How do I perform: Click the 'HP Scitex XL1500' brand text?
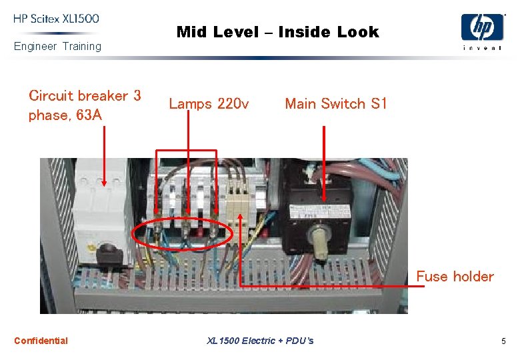pyautogui.click(x=56, y=19)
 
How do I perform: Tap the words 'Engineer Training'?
pyautogui.click(x=58, y=46)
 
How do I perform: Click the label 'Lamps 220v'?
pyautogui.click(x=209, y=103)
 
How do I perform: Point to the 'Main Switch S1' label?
pyautogui.click(x=335, y=103)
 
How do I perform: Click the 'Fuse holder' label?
pyautogui.click(x=455, y=276)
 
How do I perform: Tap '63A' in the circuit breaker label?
pyautogui.click(x=89, y=115)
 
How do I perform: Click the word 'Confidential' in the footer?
pyautogui.click(x=41, y=341)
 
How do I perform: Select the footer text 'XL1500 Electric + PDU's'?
pyautogui.click(x=260, y=341)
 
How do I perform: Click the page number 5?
pyautogui.click(x=503, y=341)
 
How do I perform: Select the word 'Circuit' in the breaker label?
pyautogui.click(x=53, y=95)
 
